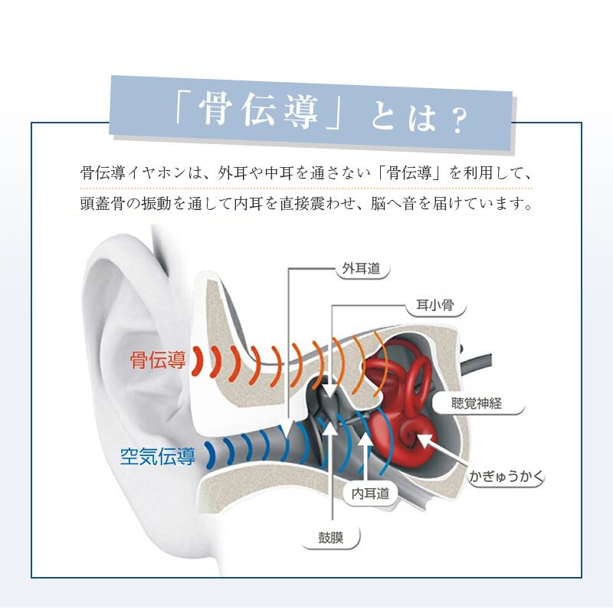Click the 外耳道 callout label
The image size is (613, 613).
click(361, 268)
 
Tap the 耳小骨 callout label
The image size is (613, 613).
click(435, 305)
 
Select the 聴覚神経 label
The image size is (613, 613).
click(477, 403)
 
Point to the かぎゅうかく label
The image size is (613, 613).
click(506, 476)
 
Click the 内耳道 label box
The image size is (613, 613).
click(370, 493)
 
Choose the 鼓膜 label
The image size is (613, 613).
click(331, 538)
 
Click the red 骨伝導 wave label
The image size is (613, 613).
click(158, 359)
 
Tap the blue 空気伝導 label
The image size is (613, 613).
click(158, 456)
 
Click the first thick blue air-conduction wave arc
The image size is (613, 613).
click(211, 454)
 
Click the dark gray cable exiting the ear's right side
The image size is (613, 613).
click(477, 362)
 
